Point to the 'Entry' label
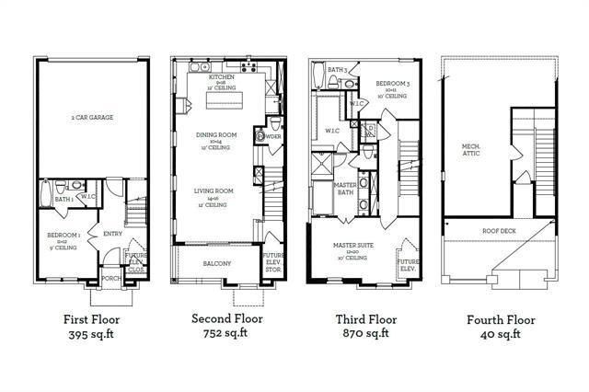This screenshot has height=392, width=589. pyautogui.click(x=112, y=233)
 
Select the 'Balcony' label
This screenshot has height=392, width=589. pyautogui.click(x=217, y=264)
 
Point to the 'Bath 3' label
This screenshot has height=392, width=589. pyautogui.click(x=337, y=71)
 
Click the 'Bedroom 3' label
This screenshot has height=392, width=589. pyautogui.click(x=390, y=84)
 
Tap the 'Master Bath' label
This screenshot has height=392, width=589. pyautogui.click(x=345, y=189)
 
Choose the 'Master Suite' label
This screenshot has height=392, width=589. pyautogui.click(x=353, y=246)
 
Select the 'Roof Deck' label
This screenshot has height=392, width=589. pyautogui.click(x=499, y=231)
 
